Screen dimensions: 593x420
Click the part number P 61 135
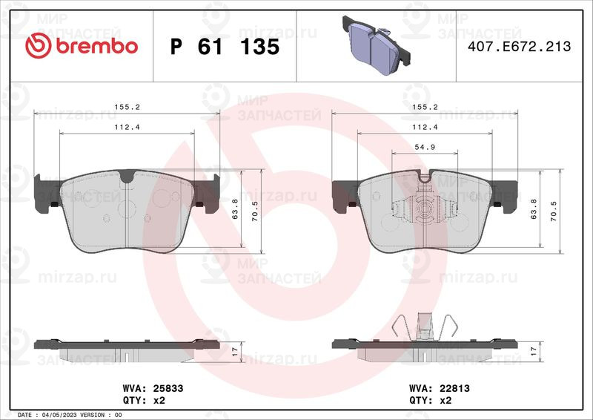click(x=225, y=47)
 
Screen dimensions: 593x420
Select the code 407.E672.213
click(x=520, y=46)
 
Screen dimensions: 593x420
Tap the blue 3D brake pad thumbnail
click(x=377, y=45)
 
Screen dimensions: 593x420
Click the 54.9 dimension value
click(x=425, y=148)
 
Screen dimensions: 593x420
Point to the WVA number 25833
click(x=168, y=388)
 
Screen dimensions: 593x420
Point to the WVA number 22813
click(x=454, y=388)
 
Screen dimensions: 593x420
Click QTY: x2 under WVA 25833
click(x=144, y=400)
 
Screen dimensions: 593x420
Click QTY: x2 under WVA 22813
click(x=431, y=400)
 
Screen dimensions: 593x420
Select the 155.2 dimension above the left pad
click(x=127, y=107)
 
